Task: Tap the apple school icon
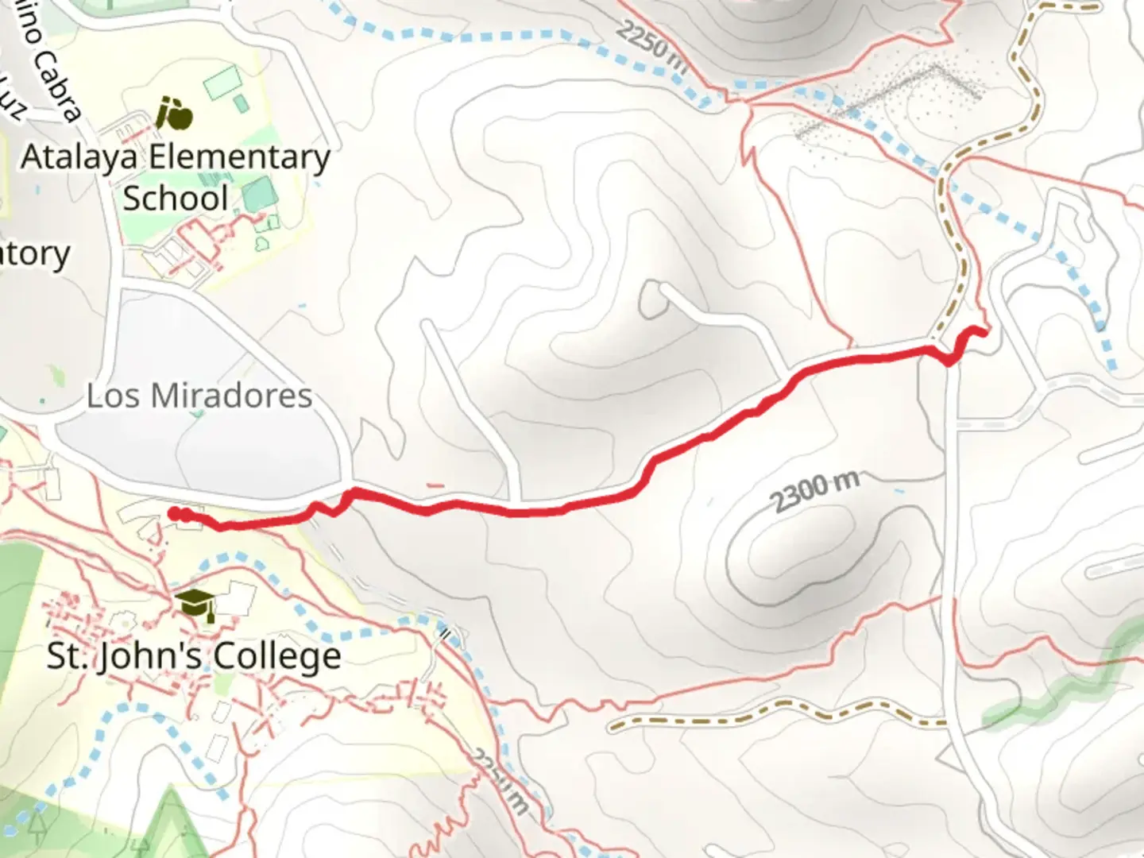click(x=174, y=113)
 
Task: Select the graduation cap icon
click(x=194, y=605)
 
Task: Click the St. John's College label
click(x=194, y=656)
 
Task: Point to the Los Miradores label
click(x=199, y=396)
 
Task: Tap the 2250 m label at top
click(x=652, y=47)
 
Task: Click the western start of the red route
click(x=174, y=514)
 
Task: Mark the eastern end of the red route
click(x=984, y=333)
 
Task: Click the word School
click(x=176, y=198)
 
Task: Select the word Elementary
click(x=239, y=157)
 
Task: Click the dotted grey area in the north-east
click(x=890, y=103)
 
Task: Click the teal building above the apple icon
click(x=222, y=82)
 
